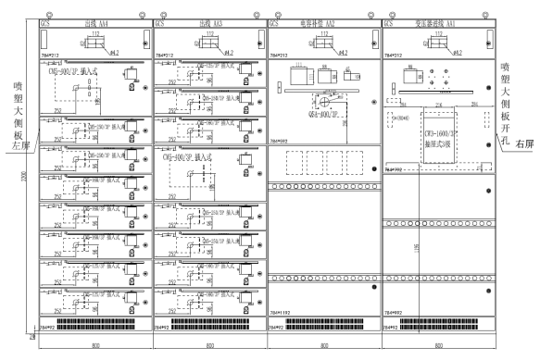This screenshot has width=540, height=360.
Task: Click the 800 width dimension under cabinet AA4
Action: point(95,345)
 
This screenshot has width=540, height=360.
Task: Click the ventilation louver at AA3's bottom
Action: point(216,326)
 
